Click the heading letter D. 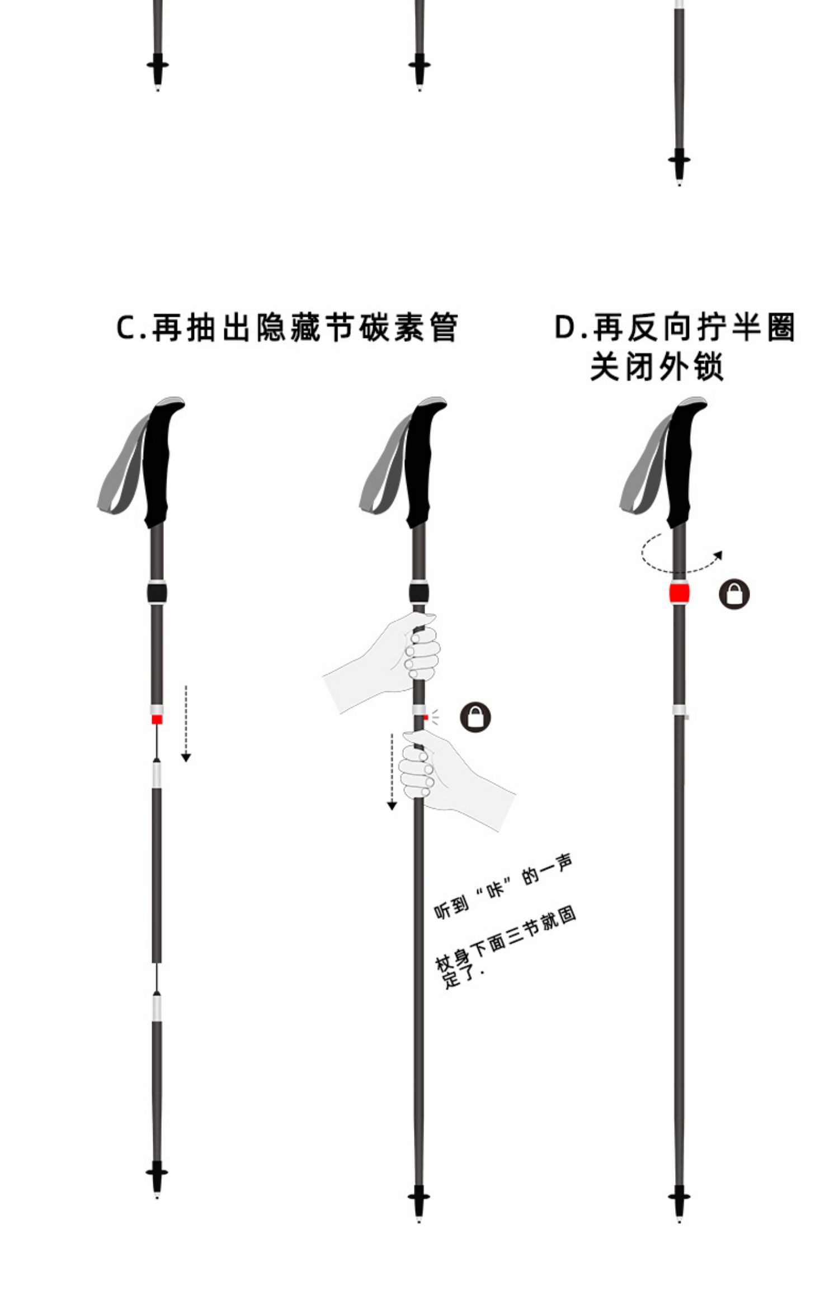(x=565, y=327)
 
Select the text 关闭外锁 (x=657, y=368)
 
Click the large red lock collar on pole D (x=679, y=593)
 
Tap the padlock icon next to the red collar (x=734, y=594)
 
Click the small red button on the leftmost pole (x=157, y=719)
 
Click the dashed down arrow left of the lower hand (x=392, y=772)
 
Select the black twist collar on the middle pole (x=419, y=592)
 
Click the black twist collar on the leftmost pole (x=157, y=592)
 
